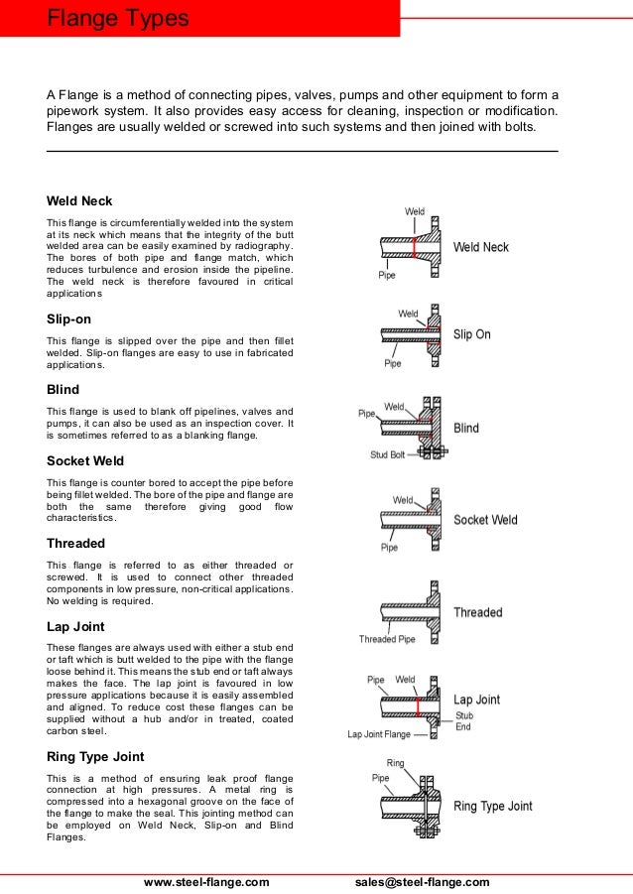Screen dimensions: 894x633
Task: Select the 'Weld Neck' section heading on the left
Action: [x=79, y=200]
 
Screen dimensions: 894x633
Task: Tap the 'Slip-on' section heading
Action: [x=68, y=319]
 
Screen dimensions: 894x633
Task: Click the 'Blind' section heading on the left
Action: [x=63, y=390]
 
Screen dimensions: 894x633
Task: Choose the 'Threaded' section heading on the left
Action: [x=75, y=543]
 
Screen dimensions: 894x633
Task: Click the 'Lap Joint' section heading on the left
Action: [x=75, y=626]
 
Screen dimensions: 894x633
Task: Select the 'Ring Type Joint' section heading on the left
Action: [x=95, y=756]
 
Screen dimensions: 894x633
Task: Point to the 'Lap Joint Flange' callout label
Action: [x=377, y=735]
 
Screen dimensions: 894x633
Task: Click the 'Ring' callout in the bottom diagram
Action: [x=395, y=764]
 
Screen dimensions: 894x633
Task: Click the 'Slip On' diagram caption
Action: [x=471, y=334]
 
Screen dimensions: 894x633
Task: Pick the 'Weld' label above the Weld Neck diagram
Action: [x=415, y=211]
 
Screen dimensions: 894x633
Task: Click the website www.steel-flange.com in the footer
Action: [x=206, y=882]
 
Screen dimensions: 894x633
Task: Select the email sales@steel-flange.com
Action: [x=422, y=882]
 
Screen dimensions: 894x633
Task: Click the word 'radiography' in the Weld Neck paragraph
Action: [x=262, y=245]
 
